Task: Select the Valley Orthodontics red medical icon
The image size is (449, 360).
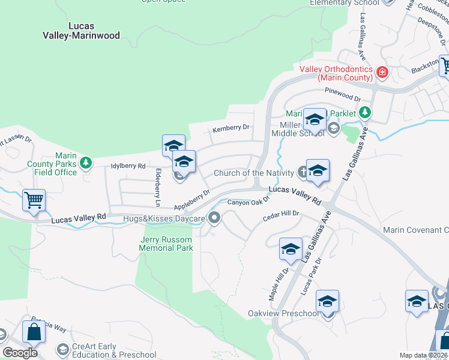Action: pos(382,73)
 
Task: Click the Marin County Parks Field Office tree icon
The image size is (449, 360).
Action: pos(86,162)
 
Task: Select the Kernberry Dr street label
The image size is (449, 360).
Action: pos(231,128)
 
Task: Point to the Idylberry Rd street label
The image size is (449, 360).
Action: pos(128,166)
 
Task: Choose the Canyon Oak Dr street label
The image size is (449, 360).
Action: pos(249,202)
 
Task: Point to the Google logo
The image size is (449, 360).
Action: pos(20,353)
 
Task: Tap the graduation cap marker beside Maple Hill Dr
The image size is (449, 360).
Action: pos(291,249)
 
